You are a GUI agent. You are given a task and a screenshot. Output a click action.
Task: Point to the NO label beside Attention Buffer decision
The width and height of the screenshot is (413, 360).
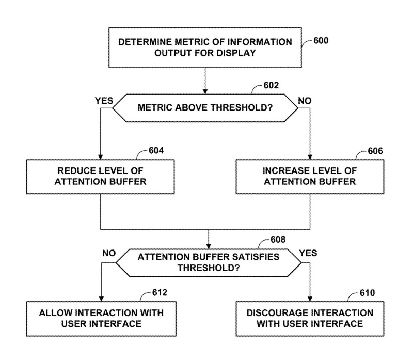coord(109,254)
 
